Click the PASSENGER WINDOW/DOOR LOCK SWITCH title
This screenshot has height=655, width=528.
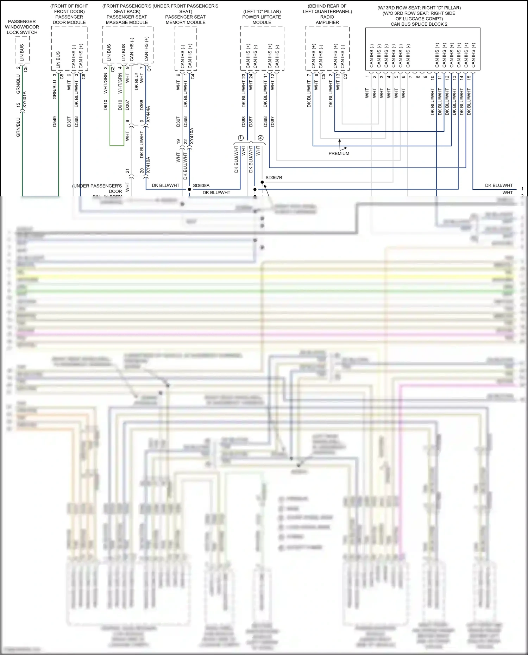pyautogui.click(x=22, y=27)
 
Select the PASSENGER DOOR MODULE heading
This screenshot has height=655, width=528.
pyautogui.click(x=69, y=19)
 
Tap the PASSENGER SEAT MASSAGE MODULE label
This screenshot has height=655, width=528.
pyautogui.click(x=127, y=19)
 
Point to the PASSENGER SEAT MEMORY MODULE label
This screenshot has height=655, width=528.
pyautogui.click(x=185, y=19)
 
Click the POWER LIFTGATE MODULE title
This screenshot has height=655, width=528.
pyautogui.click(x=262, y=19)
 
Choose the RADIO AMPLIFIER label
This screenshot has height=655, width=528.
pyautogui.click(x=327, y=19)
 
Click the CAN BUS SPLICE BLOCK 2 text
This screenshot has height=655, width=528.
pyautogui.click(x=419, y=24)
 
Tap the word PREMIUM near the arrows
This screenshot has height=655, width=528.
pyautogui.click(x=339, y=153)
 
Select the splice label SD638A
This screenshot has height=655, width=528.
pyautogui.click(x=201, y=185)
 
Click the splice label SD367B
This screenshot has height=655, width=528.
pyautogui.click(x=274, y=178)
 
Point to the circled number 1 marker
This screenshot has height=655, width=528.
pyautogui.click(x=241, y=138)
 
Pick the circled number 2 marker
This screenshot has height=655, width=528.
pyautogui.click(x=260, y=138)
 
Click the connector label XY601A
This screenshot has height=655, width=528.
pyautogui.click(x=24, y=100)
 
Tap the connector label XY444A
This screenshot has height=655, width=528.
pyautogui.click(x=148, y=114)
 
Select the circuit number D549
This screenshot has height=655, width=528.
pyautogui.click(x=55, y=121)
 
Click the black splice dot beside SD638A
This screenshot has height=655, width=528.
pyautogui.click(x=189, y=189)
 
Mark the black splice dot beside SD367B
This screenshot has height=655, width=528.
pyautogui.click(x=262, y=182)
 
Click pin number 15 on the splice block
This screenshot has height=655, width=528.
pyautogui.click(x=469, y=77)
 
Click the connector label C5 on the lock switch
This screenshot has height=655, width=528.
pyautogui.click(x=26, y=69)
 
